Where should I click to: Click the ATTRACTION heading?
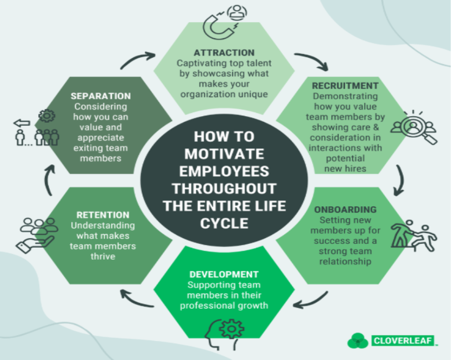[224, 53]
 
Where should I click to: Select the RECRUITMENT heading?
[345, 85]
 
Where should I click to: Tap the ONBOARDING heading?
[345, 209]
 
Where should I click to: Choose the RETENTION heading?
[103, 215]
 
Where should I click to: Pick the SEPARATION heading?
[100, 96]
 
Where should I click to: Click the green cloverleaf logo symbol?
[358, 340]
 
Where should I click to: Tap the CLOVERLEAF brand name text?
[402, 340]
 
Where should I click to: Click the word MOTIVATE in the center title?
[224, 154]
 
